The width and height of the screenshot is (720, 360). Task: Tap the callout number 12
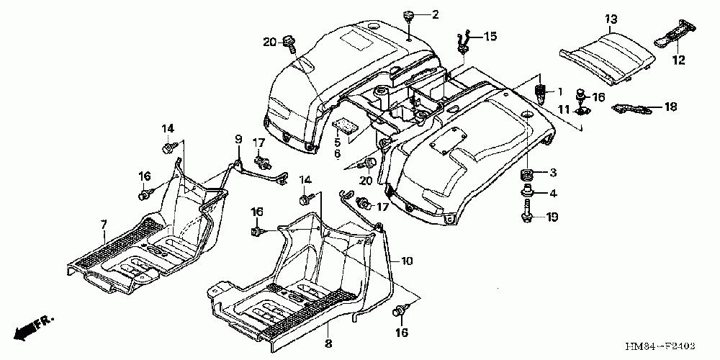click(679, 62)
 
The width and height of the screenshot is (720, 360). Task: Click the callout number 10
click(408, 261)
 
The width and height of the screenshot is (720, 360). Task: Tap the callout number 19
click(553, 217)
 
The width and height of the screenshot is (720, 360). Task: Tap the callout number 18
click(671, 107)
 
